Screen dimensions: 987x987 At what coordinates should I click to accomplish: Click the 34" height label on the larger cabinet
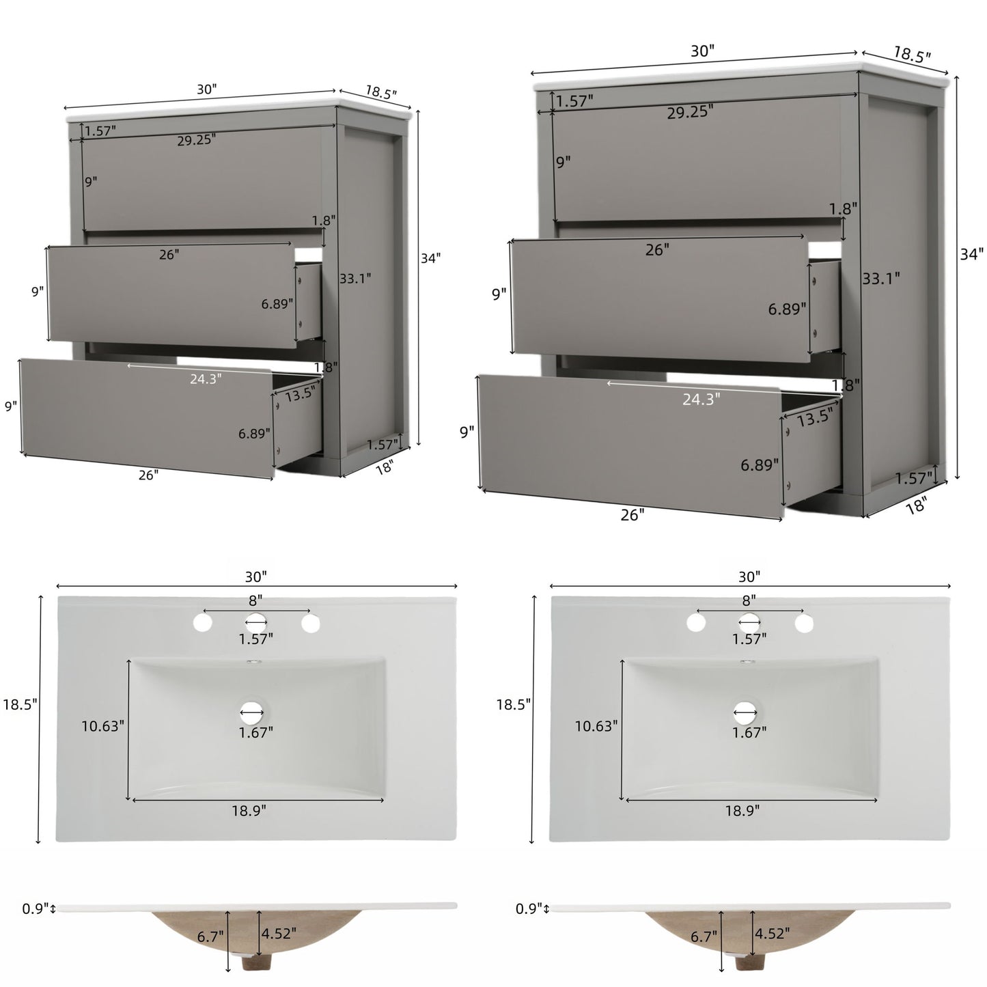[x=971, y=254]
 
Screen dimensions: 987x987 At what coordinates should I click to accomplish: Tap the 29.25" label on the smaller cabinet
[x=196, y=140]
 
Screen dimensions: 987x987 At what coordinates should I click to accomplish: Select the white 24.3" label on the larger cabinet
[x=701, y=400]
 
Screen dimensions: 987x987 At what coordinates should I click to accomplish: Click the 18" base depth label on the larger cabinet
[x=916, y=505]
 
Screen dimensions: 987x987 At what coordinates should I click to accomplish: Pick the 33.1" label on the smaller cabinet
[x=355, y=278]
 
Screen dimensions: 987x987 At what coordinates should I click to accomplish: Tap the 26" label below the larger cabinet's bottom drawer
[x=632, y=514]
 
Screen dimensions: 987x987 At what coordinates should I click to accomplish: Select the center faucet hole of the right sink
[x=749, y=622]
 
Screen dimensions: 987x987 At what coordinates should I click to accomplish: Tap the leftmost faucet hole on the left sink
[x=201, y=622]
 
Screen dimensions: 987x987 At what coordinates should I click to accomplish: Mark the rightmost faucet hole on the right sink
[x=804, y=623]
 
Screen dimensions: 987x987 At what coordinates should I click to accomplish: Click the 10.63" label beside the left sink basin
[x=102, y=726]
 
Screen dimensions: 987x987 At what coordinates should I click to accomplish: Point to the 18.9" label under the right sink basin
[x=742, y=811]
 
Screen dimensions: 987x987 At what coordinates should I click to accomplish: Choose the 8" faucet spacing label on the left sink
[x=255, y=600]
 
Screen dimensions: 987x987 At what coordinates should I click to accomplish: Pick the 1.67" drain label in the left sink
[x=256, y=732]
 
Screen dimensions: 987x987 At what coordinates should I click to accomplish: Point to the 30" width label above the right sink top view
[x=749, y=576]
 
